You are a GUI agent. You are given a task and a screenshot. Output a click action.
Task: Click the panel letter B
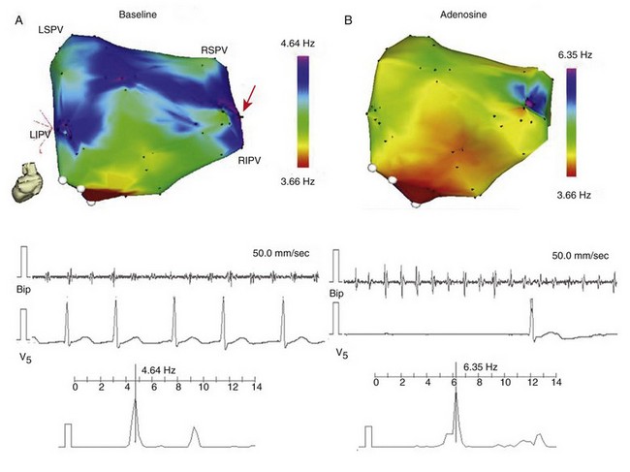coord(348,20)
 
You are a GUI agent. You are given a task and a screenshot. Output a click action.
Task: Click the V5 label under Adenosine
coord(341,353)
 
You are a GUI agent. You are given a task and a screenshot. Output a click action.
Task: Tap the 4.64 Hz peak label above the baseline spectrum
coord(158,369)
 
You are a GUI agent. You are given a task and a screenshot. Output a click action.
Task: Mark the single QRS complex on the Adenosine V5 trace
coord(531,315)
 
